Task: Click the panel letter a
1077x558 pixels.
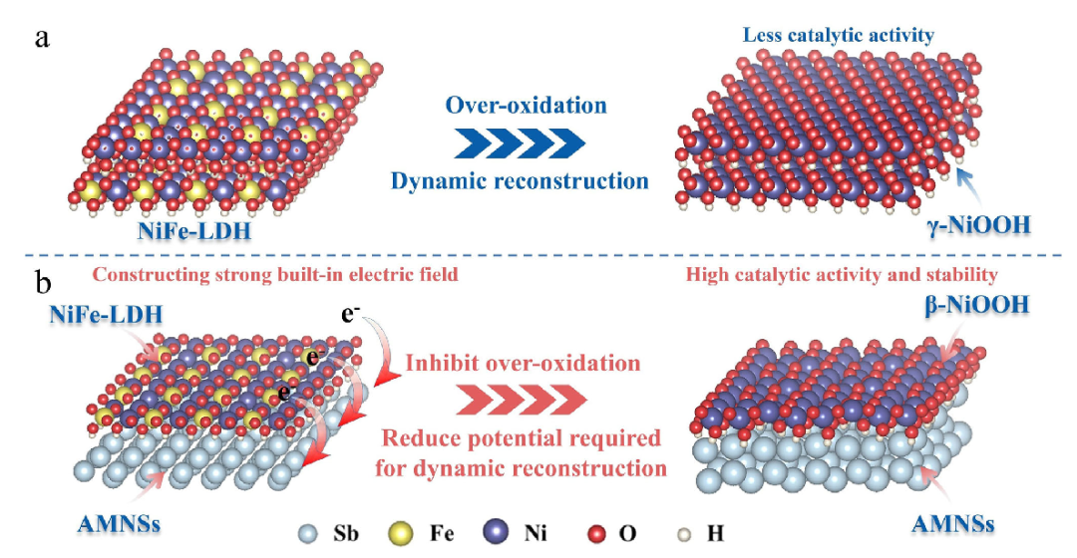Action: coord(42,40)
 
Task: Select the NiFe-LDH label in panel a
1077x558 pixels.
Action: coord(182,233)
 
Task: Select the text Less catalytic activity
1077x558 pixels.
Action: coord(838,35)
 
